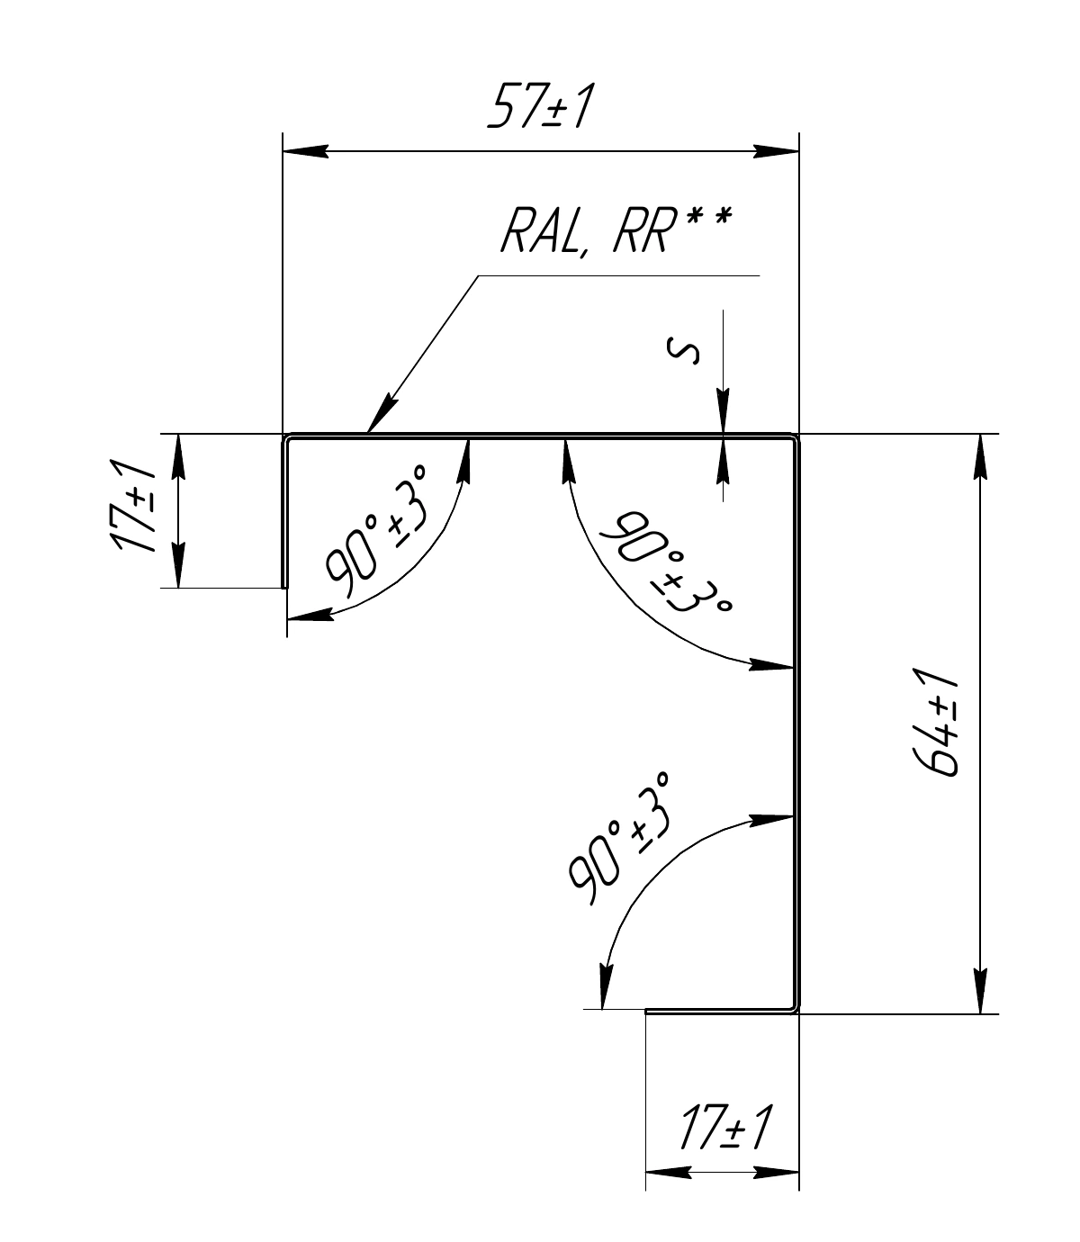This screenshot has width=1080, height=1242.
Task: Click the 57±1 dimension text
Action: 539,107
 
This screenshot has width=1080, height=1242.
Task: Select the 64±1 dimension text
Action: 935,723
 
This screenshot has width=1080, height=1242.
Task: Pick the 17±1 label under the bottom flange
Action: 726,1127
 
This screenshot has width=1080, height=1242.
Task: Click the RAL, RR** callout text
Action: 616,230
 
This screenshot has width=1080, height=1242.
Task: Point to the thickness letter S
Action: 683,351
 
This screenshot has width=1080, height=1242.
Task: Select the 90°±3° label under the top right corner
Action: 666,562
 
